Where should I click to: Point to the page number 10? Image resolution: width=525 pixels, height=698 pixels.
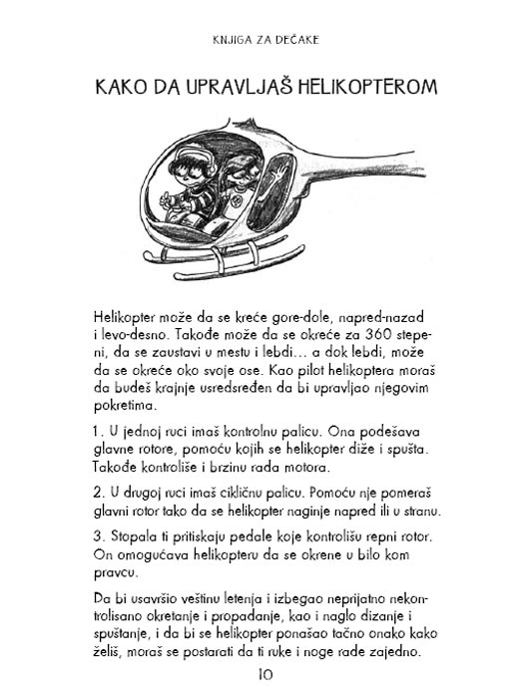(x=263, y=675)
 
